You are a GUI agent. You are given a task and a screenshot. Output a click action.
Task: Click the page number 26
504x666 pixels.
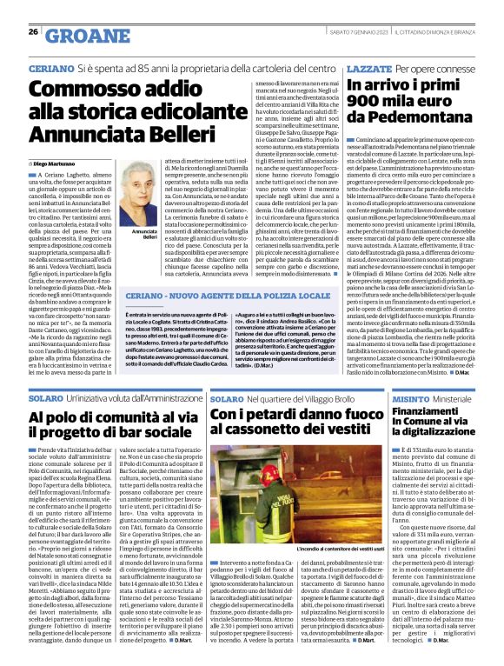(33, 31)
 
